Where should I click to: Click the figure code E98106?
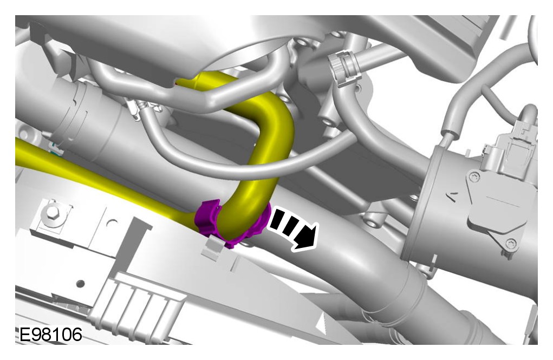[x=50, y=335]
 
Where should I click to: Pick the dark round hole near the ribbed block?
[x=81, y=283]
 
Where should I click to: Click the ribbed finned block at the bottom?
[x=138, y=300]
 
